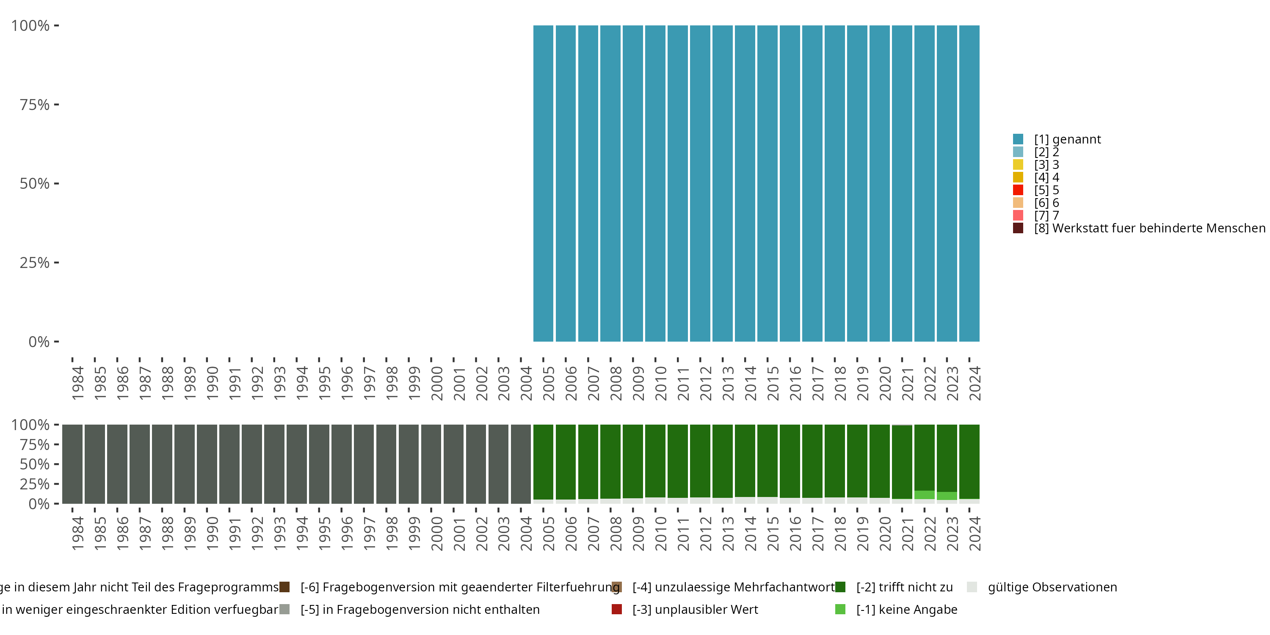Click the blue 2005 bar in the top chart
point(543,183)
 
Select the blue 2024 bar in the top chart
point(969,183)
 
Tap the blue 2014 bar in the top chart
point(745,183)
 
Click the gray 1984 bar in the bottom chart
point(72,464)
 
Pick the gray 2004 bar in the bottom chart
point(521,464)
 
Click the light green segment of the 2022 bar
point(925,495)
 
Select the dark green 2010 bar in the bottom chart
point(655,461)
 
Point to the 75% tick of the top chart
point(56,105)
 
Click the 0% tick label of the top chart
point(39,342)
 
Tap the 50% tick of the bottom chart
point(56,464)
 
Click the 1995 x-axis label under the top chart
point(324,383)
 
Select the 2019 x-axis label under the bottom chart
point(863,533)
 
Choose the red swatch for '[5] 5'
point(1018,190)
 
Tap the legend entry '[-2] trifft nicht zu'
point(904,587)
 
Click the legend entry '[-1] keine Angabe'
point(906,609)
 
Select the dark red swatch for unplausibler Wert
point(617,609)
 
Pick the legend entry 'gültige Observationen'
point(1052,587)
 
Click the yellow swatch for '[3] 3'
point(1018,165)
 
